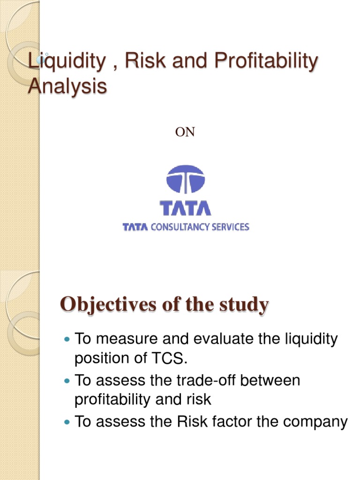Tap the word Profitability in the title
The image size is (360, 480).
click(x=268, y=62)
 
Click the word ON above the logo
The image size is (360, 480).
click(x=185, y=133)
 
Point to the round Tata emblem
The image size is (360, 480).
click(x=186, y=180)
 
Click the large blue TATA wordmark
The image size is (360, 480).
click(x=186, y=208)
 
